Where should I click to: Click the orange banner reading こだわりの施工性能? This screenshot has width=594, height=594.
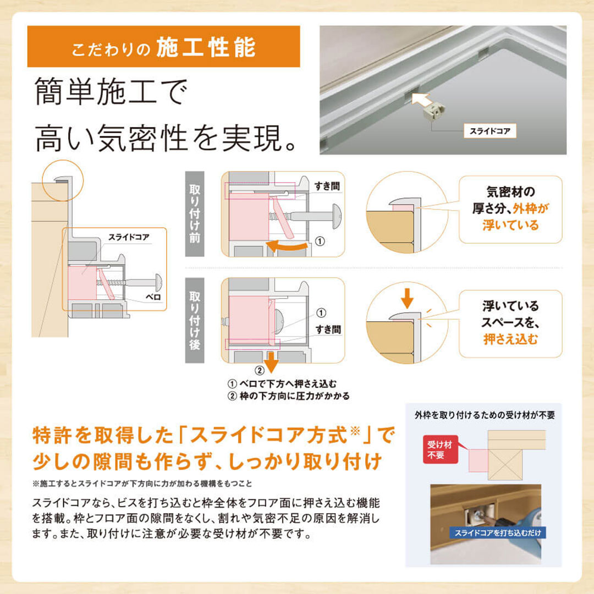tap(164, 47)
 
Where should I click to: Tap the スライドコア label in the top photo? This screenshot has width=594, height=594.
tap(490, 131)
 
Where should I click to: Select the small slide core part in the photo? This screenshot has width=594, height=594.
tap(434, 111)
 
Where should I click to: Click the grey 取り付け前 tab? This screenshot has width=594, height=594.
tap(195, 213)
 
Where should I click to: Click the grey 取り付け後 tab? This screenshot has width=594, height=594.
tap(195, 320)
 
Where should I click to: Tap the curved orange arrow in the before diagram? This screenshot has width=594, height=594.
tap(287, 246)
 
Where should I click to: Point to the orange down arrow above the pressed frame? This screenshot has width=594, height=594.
tap(407, 298)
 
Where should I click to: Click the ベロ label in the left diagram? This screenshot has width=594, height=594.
tap(154, 297)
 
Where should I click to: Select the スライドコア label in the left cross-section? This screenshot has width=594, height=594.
tap(129, 237)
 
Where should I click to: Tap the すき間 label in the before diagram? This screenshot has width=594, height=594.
tap(327, 186)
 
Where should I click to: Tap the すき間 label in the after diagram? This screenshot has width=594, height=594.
tap(328, 329)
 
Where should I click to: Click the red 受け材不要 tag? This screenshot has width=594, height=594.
tap(441, 449)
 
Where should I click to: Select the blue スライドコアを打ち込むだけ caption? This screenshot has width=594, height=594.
tap(498, 532)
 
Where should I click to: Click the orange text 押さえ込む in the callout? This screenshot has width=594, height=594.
tap(510, 339)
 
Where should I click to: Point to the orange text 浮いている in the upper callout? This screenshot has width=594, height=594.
tap(510, 225)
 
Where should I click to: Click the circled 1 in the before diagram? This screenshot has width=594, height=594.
tap(320, 241)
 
